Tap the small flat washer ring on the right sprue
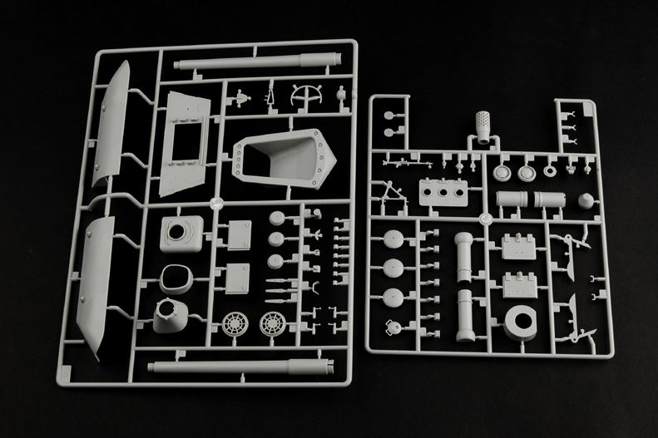550,174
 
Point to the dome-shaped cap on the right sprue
586,201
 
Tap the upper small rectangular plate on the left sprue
239,230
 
